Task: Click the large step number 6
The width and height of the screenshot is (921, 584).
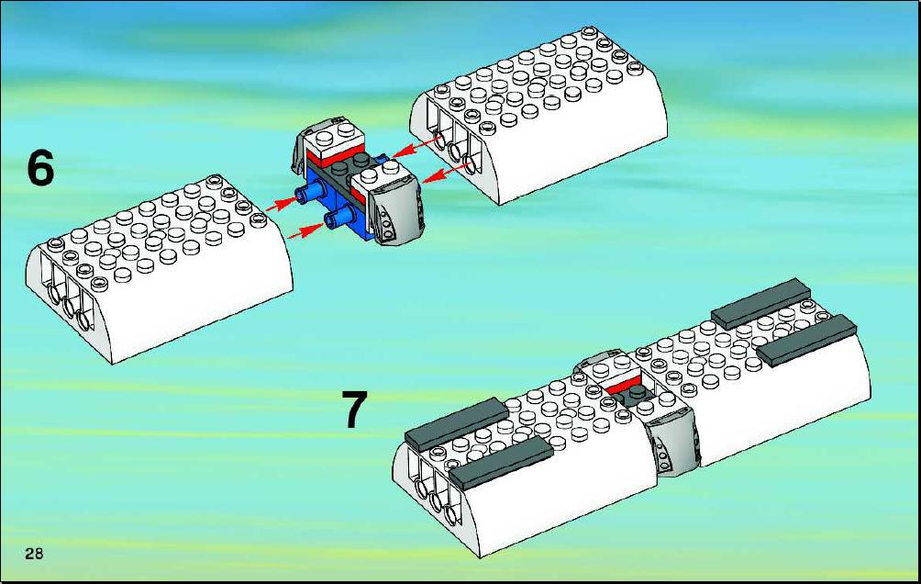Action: pyautogui.click(x=40, y=168)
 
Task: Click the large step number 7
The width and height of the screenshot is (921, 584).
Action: pyautogui.click(x=355, y=410)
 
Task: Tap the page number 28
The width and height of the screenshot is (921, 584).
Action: pyautogui.click(x=34, y=553)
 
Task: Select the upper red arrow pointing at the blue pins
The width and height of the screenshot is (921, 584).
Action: pyautogui.click(x=282, y=204)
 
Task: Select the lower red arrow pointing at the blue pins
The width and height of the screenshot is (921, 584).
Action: pyautogui.click(x=305, y=230)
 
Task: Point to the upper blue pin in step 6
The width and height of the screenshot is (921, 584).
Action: pyautogui.click(x=311, y=192)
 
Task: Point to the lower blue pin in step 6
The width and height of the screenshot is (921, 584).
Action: pyautogui.click(x=338, y=219)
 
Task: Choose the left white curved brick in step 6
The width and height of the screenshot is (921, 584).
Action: pyautogui.click(x=160, y=267)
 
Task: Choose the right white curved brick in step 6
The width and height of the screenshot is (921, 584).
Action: pyautogui.click(x=538, y=114)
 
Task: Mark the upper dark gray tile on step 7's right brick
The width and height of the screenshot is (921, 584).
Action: pyautogui.click(x=761, y=303)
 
